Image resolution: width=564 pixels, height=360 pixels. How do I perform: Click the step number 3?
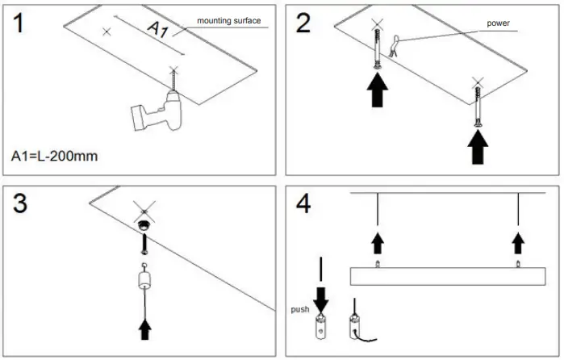tap(23, 203)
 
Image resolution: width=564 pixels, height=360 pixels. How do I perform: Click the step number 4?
tap(304, 203)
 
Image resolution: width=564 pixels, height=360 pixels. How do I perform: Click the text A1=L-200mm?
tap(55, 154)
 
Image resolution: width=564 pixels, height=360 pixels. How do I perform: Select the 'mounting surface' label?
tap(229, 21)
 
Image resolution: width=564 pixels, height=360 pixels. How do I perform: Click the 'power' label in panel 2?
tap(498, 23)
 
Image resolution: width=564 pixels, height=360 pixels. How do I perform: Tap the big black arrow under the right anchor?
tap(478, 148)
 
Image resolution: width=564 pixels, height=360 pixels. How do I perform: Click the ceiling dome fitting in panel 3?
tap(146, 228)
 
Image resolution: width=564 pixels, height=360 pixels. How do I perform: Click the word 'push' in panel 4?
tap(301, 308)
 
